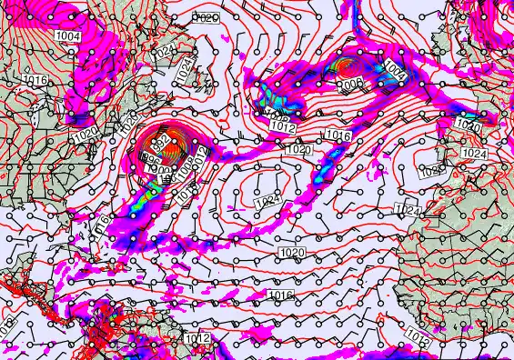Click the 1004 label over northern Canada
click(x=67, y=35)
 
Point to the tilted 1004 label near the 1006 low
click(x=394, y=69)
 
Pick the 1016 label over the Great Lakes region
click(x=35, y=80)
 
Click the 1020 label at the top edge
click(x=207, y=17)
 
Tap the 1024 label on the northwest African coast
click(x=408, y=210)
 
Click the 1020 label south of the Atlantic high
click(x=292, y=252)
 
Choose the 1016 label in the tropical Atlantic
click(x=281, y=295)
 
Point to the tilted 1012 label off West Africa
click(x=417, y=337)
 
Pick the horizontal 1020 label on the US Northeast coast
click(x=86, y=133)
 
